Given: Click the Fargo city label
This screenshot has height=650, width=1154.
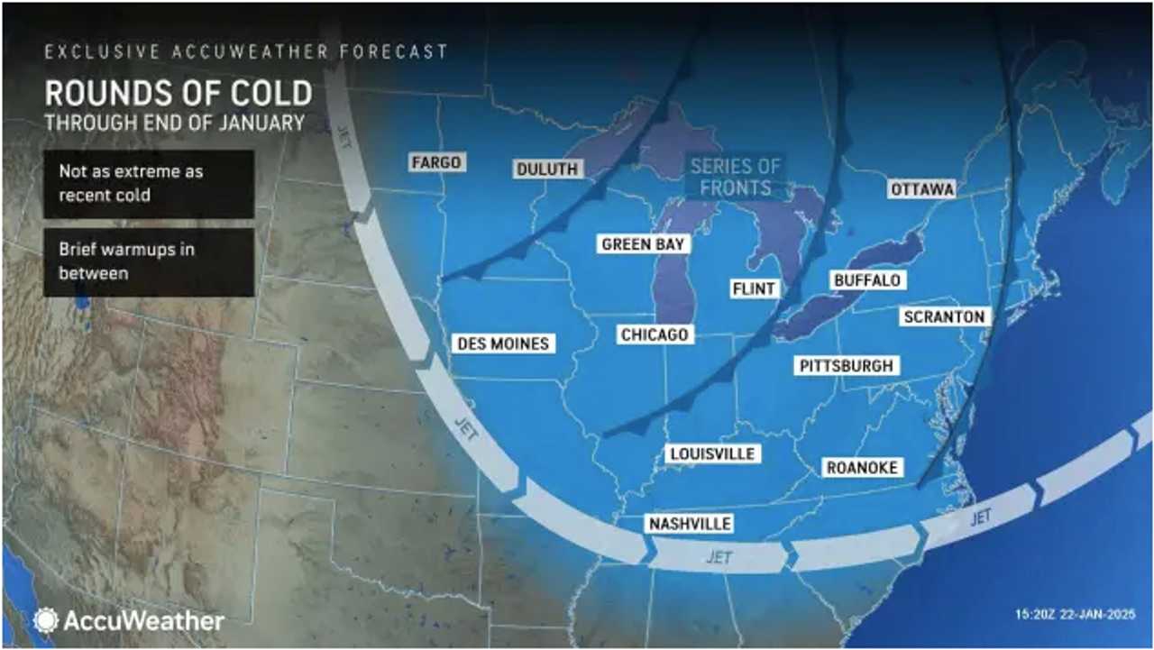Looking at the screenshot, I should coord(436,162).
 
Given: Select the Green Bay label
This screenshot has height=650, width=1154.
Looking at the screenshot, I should coord(644,244).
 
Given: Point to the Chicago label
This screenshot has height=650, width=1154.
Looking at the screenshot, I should coord(655,334).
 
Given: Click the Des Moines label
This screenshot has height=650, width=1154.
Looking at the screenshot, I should coord(502,343).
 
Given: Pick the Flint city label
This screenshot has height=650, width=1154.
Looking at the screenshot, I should coord(755,289).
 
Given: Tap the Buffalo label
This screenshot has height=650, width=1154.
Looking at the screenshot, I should coord(867,280).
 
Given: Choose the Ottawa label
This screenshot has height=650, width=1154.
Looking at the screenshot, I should coord(921,189).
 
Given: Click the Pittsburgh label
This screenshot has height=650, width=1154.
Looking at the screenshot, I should coord(846,365).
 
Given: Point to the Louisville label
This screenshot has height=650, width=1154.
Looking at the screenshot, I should coord(711,453).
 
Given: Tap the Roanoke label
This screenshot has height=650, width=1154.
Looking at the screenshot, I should coord(862,466).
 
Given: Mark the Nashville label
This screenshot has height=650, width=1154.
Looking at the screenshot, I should coord(689,524).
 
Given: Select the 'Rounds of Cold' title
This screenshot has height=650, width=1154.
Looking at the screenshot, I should coord(179,94).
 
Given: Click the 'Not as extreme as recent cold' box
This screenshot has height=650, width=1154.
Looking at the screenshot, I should coord(149,183).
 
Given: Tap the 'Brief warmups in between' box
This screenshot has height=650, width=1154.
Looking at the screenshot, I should coord(149,261).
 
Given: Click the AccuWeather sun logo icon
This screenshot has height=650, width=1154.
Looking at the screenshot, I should coord(46,620).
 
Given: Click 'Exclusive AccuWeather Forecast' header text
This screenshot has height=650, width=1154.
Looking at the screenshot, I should coord(246,51).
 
